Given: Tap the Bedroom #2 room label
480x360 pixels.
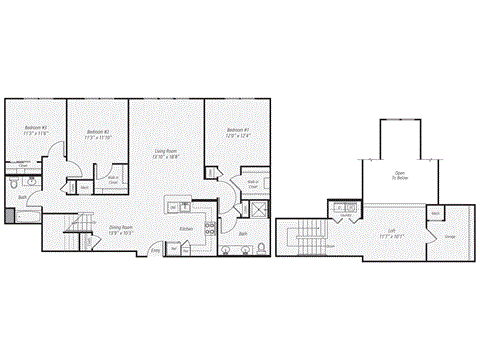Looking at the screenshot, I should pos(98,133).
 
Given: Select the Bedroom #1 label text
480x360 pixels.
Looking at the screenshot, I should pos(236,131).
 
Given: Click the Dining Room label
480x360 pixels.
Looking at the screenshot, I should pos(121,228).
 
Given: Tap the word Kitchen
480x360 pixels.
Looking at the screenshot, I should pos(187,229).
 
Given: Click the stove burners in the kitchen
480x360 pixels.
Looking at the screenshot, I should pos(210,226).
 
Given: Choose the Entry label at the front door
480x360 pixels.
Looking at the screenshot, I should pos(155,250).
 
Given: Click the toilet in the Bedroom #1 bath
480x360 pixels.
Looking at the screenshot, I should pos(260,247).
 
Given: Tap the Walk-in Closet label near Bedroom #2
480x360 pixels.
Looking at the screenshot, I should pos(113,182).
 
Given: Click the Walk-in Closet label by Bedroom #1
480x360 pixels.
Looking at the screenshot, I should pos(254,185).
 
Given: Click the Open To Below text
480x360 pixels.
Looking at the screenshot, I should pos(400,176).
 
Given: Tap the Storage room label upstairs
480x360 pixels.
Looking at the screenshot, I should pos(450,237).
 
